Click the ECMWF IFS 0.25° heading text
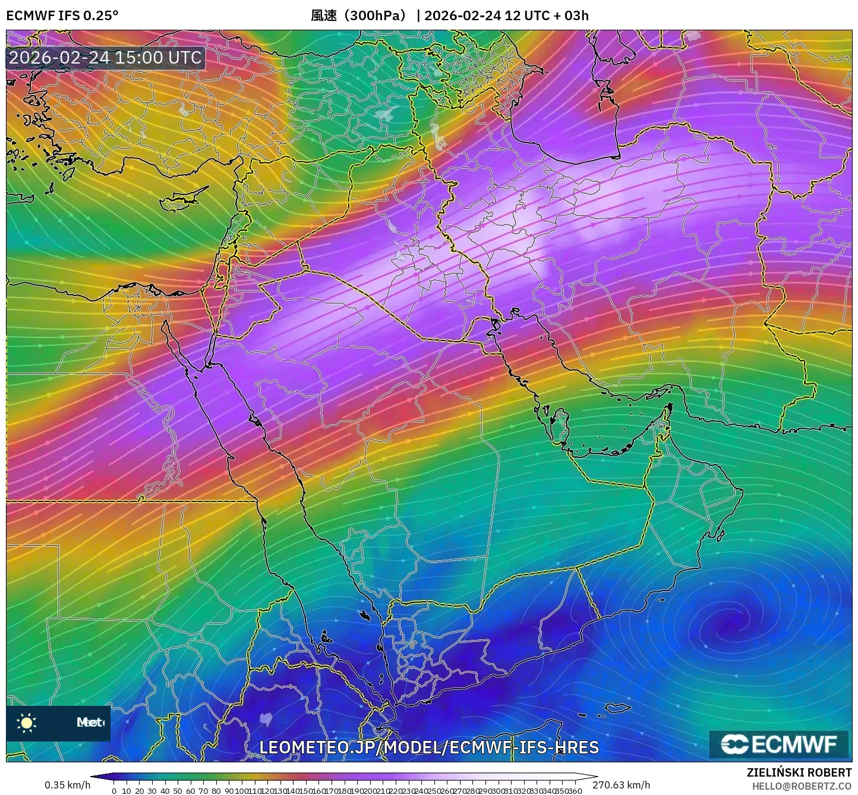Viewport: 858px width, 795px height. (x=62, y=15)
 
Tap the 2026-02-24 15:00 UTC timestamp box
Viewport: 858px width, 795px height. (x=105, y=58)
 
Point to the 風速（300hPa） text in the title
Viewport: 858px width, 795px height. (x=358, y=15)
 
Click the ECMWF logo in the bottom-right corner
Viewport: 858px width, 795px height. (x=779, y=744)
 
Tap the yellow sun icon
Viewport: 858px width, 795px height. (x=26, y=723)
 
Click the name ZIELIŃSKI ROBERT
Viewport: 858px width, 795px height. (x=799, y=772)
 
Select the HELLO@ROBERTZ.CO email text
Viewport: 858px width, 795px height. (x=802, y=785)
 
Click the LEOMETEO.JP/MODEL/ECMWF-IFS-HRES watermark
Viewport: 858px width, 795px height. (x=429, y=747)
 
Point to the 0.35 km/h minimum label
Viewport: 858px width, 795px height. (x=68, y=785)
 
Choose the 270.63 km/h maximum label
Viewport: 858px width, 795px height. (x=622, y=785)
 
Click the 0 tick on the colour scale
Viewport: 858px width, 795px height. (x=114, y=791)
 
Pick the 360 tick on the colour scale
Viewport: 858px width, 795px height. (x=575, y=791)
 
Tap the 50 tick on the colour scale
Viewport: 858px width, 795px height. (x=178, y=791)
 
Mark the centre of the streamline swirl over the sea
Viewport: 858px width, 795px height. (x=727, y=625)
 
